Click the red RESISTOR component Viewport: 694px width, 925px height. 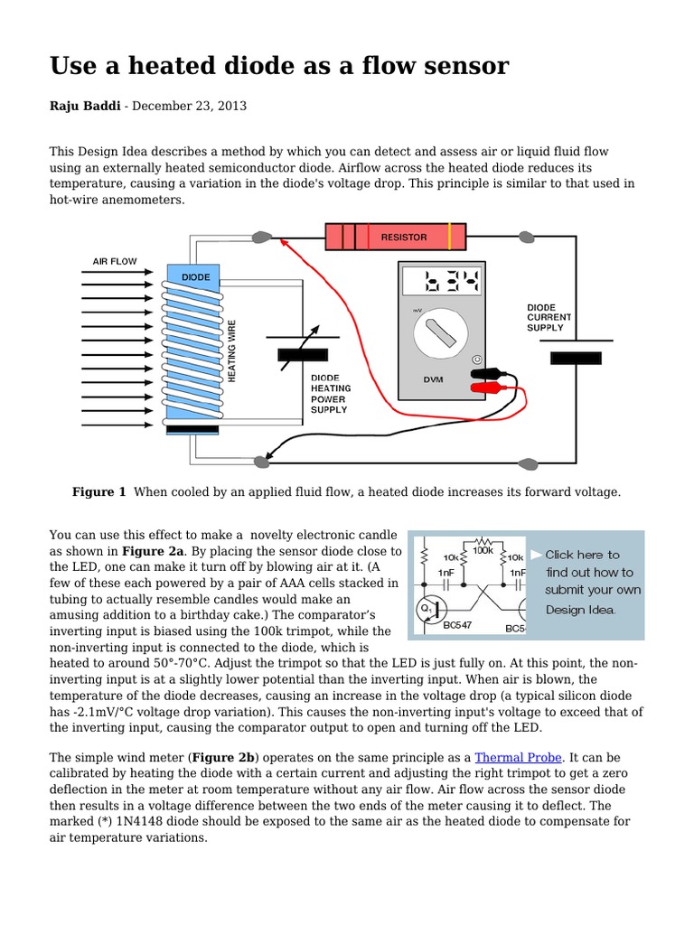(397, 237)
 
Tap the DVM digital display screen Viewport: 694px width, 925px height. (443, 284)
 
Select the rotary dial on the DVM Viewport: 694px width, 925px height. (443, 333)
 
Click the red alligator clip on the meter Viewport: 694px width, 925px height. (489, 388)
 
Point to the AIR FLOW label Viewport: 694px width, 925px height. (115, 261)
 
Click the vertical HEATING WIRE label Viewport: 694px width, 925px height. (232, 350)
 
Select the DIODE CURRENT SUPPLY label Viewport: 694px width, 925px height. (549, 317)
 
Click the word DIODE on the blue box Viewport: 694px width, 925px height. (195, 277)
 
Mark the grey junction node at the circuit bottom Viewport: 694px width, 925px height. (262, 462)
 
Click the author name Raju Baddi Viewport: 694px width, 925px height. (84, 107)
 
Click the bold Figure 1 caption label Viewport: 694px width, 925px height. (98, 492)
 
